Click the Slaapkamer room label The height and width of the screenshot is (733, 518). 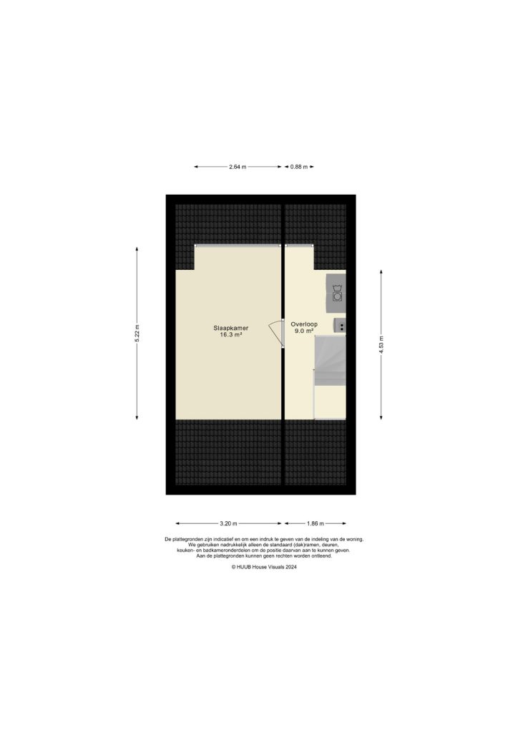coord(230,328)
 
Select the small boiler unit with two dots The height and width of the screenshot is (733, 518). coord(341,326)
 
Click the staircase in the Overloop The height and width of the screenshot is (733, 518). coord(330,361)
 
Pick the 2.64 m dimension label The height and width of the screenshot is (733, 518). coord(238,167)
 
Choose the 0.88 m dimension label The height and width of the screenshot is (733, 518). coord(299,167)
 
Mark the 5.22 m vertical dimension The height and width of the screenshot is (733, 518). coord(137,334)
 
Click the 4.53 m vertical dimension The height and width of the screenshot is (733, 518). coord(381,344)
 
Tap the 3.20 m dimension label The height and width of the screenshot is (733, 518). coord(229,523)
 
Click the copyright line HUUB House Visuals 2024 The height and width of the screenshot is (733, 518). coord(263,566)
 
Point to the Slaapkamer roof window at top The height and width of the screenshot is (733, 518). coord(238,246)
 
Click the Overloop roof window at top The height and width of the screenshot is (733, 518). coord(299,246)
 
